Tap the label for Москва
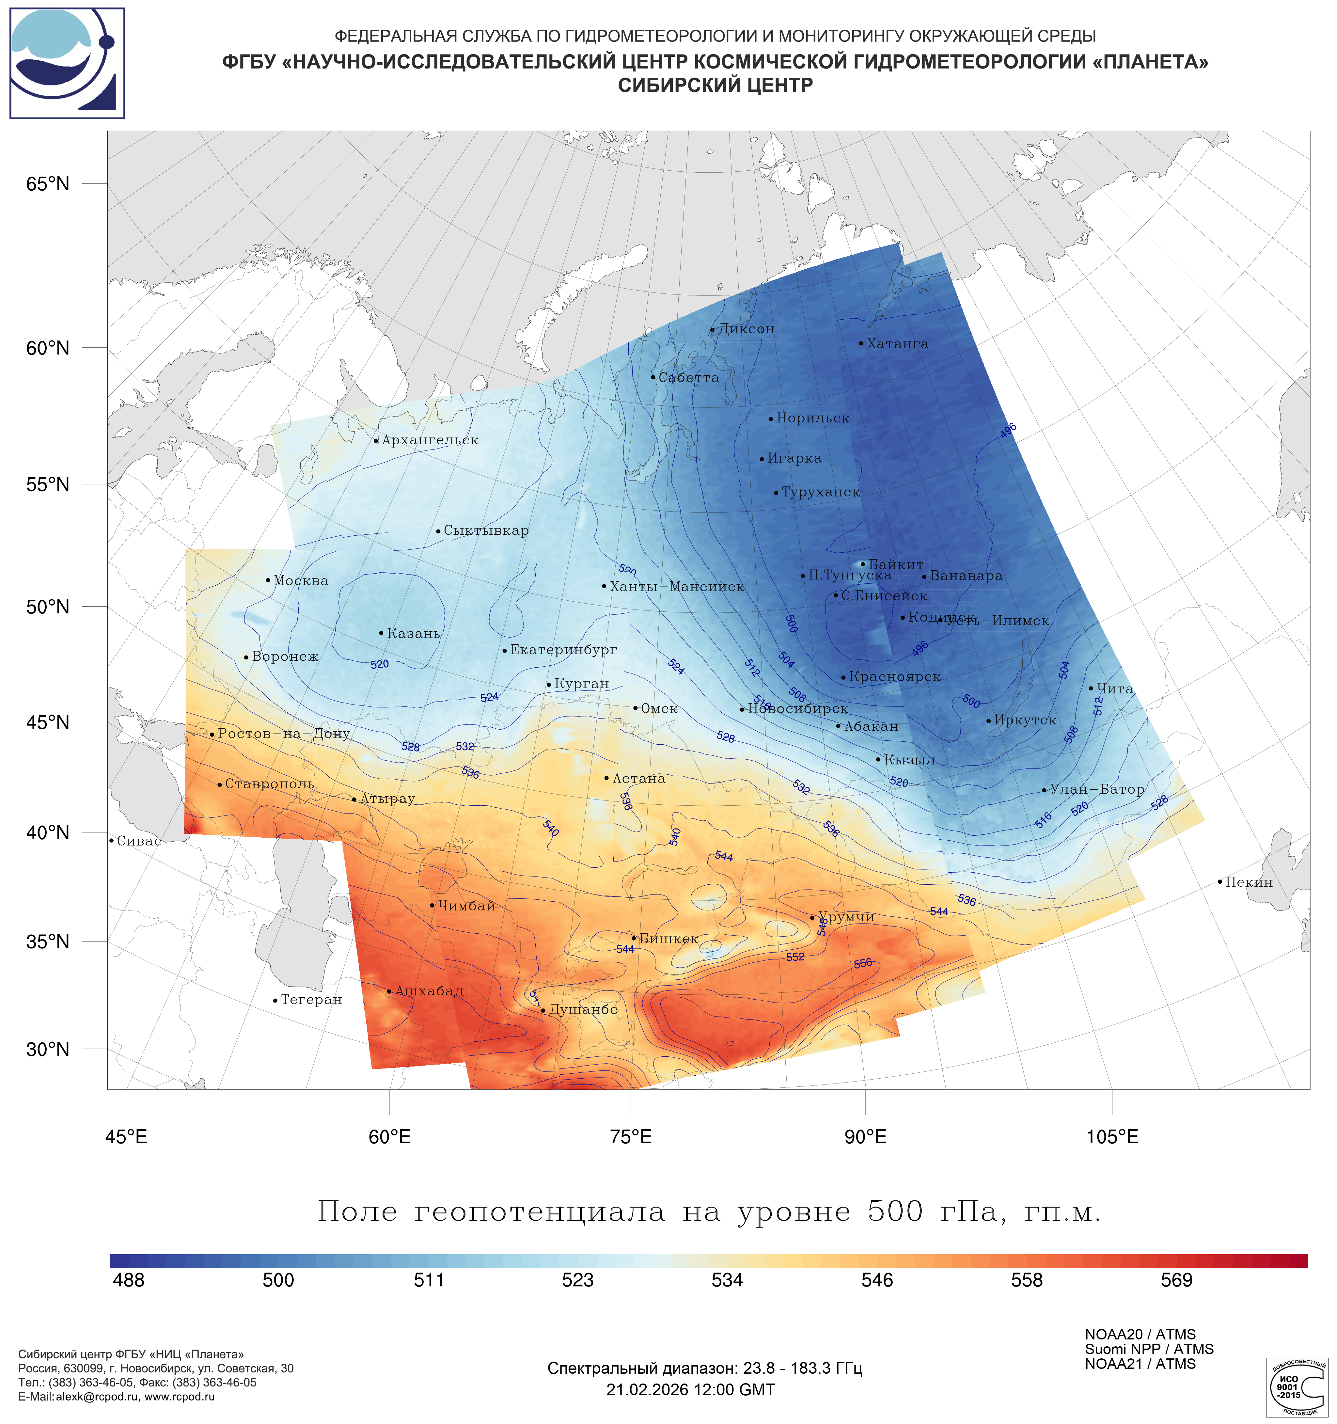pyautogui.click(x=301, y=581)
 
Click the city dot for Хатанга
pyautogui.click(x=861, y=343)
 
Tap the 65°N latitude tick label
pyautogui.click(x=48, y=184)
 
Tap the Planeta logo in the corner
pyautogui.click(x=67, y=63)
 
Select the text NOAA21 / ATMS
pyautogui.click(x=1140, y=1364)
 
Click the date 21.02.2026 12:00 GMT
pyautogui.click(x=690, y=1390)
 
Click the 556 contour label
pyautogui.click(x=863, y=963)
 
